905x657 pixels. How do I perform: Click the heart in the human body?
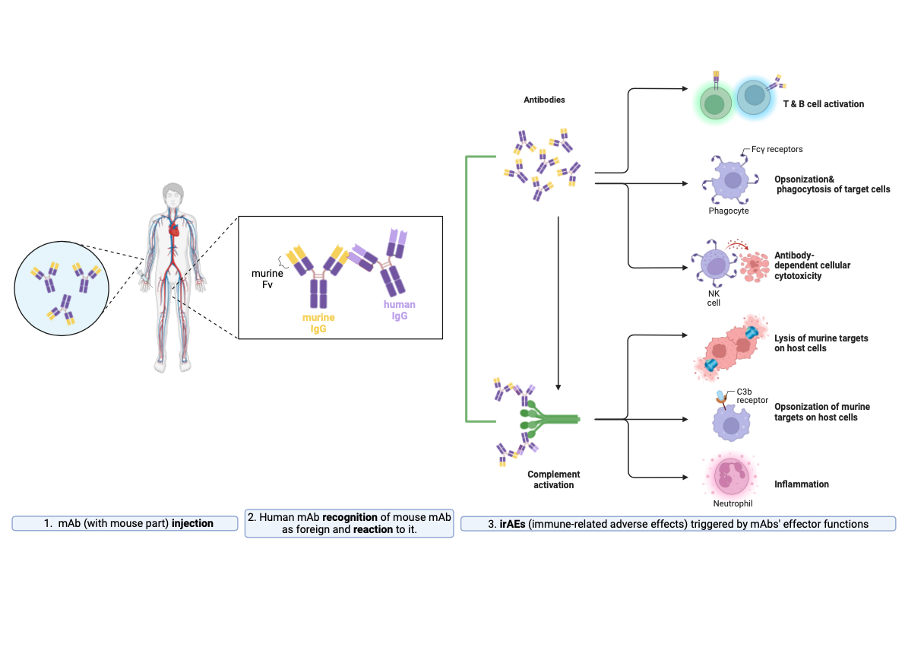coord(174,227)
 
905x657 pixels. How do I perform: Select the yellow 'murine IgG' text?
coord(318,322)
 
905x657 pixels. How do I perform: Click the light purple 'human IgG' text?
coord(399,310)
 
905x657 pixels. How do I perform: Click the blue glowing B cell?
coord(755,97)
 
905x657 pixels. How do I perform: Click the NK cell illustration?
coord(714,266)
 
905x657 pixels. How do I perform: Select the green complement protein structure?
coord(549,419)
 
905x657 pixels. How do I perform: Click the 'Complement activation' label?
coord(553,479)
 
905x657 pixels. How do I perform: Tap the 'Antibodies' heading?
coord(544,100)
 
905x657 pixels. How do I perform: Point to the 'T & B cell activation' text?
coord(823,103)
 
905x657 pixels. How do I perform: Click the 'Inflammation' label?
coord(801,484)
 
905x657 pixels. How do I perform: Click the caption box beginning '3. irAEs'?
coord(678,523)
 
